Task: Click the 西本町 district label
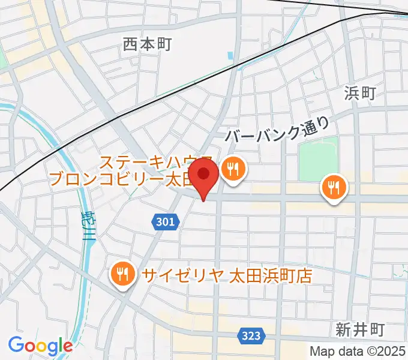[147, 44]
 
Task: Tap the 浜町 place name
[360, 93]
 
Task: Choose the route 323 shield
[251, 336]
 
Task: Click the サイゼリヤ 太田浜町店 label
[227, 275]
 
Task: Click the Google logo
[40, 346]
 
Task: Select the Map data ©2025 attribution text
[358, 352]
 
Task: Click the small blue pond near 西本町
[231, 58]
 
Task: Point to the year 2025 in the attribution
[393, 352]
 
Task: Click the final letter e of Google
[67, 346]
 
